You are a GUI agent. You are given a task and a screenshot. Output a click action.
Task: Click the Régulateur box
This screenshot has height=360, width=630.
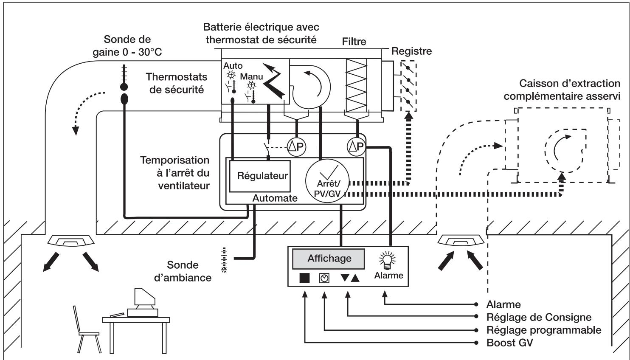coord(259,176)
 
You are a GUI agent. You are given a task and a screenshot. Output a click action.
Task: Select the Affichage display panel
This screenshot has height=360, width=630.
coord(329,259)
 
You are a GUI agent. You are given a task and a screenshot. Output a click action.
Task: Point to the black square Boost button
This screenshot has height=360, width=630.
coord(304,278)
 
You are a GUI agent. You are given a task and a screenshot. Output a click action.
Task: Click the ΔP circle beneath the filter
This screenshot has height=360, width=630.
coord(357,146)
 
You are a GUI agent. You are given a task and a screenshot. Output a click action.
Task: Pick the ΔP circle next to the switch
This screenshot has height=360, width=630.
coord(296,146)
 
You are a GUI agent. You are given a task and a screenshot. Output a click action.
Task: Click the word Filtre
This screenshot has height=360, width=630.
coord(354,42)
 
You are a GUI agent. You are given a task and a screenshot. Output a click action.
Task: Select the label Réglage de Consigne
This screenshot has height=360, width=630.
coord(539,317)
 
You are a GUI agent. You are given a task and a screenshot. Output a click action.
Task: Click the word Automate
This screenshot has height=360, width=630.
coord(275,198)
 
